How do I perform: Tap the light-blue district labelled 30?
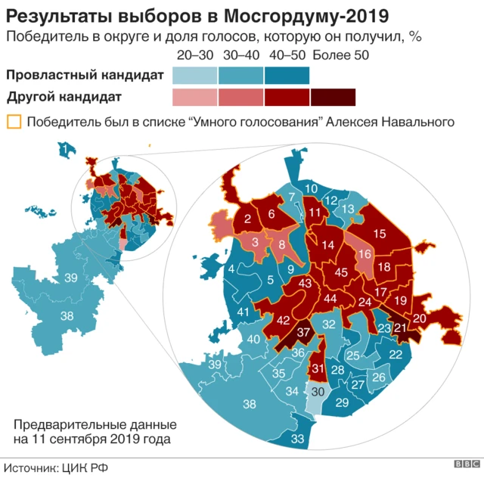pyautogui.click(x=318, y=391)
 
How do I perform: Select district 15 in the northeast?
pyautogui.click(x=380, y=234)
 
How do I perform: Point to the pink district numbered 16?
pyautogui.click(x=365, y=254)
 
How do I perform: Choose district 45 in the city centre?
pyautogui.click(x=341, y=272)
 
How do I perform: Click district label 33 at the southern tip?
pyautogui.click(x=298, y=439)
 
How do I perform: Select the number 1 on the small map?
pyautogui.click(x=67, y=147)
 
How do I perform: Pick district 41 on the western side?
pyautogui.click(x=243, y=312)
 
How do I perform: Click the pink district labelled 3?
pyautogui.click(x=255, y=242)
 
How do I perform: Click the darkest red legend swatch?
pyautogui.click(x=333, y=98)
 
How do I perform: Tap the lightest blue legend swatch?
pyautogui.click(x=195, y=76)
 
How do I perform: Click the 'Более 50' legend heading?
pyautogui.click(x=337, y=55)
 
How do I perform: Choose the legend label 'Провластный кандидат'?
pyautogui.click(x=84, y=75)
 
